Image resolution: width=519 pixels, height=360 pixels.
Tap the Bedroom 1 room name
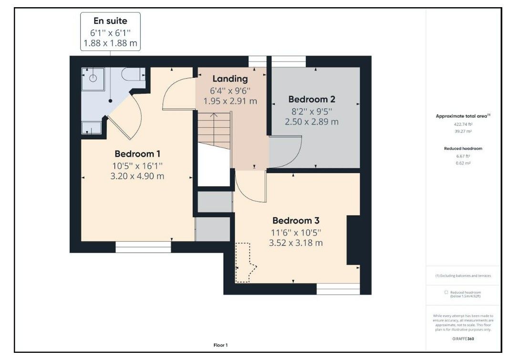click(x=137, y=154)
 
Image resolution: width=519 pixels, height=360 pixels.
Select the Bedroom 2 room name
click(x=311, y=99)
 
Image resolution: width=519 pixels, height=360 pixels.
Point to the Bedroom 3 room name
click(x=296, y=221)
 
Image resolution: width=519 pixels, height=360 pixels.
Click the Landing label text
click(x=230, y=79)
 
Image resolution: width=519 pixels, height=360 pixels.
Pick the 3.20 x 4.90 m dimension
click(x=137, y=176)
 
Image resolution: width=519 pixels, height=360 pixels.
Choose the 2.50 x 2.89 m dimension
click(x=311, y=122)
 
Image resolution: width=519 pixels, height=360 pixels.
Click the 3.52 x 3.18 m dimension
click(x=296, y=243)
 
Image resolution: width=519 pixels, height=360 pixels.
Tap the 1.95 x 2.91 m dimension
click(x=230, y=101)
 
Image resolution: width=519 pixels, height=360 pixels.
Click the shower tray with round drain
click(x=93, y=78)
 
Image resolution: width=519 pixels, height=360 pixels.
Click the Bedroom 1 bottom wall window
click(x=143, y=247)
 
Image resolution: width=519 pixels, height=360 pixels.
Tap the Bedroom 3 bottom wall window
click(x=338, y=288)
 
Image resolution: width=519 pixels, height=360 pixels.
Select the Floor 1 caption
click(x=220, y=345)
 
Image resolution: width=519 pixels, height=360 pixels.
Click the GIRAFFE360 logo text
click(x=463, y=339)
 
